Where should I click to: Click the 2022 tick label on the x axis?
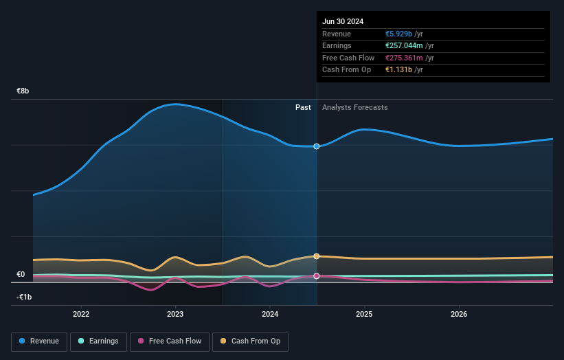click(81, 314)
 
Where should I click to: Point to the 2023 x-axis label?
click(175, 314)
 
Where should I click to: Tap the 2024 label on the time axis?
click(270, 314)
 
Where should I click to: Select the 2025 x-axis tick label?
click(364, 314)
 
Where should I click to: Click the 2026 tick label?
click(459, 314)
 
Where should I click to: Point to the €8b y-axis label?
click(23, 91)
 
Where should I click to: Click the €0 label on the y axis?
click(21, 274)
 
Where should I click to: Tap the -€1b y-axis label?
click(24, 297)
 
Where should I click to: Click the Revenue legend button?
click(39, 341)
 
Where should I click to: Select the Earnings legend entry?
click(98, 341)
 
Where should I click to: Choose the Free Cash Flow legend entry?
click(170, 341)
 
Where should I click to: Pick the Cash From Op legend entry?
click(250, 341)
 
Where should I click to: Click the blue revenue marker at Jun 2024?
click(317, 146)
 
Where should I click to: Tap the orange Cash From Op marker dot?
click(317, 256)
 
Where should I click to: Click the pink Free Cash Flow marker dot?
click(317, 276)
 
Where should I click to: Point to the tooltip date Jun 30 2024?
click(343, 21)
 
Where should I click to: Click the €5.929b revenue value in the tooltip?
click(398, 34)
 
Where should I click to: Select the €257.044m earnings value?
click(404, 45)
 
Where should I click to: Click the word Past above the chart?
click(303, 108)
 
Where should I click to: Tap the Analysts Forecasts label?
click(355, 108)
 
